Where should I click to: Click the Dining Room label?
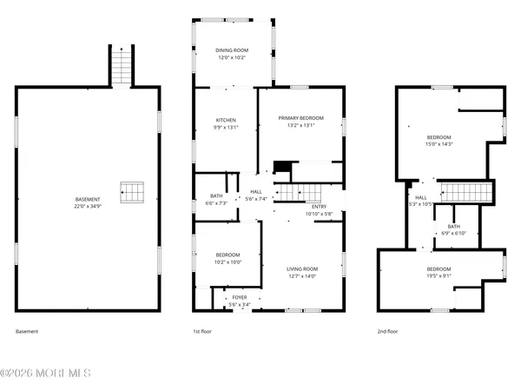[x=232, y=51]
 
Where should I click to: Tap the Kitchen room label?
[x=226, y=120]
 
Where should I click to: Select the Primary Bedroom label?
[x=300, y=117]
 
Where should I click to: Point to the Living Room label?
[x=303, y=268]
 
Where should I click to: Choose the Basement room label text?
[x=87, y=199]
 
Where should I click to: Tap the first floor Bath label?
[x=216, y=196]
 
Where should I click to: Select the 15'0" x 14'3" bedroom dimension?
[x=439, y=144]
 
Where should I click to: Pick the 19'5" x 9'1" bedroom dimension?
[x=439, y=276]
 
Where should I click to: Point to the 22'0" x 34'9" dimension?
[x=87, y=206]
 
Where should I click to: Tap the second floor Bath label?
[x=454, y=226]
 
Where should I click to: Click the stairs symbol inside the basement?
[x=132, y=192]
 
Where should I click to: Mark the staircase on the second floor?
[x=466, y=191]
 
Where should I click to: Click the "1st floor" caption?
[x=201, y=331]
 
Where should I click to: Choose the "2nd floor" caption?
[x=388, y=331]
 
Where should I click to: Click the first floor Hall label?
[x=256, y=192]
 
